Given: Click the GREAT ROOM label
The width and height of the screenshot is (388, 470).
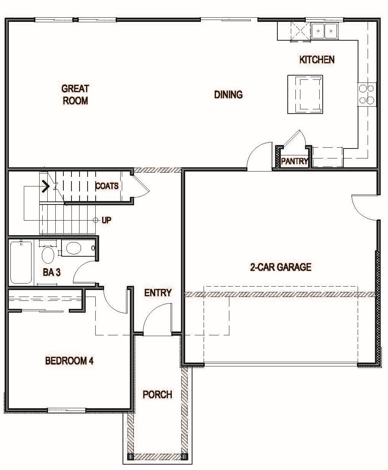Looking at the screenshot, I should click(75, 94).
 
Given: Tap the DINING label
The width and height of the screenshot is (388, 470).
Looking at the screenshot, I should click(228, 94).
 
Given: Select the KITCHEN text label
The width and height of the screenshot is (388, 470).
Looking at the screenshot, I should click(317, 59).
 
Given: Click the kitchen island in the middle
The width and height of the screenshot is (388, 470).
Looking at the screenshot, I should click(305, 94).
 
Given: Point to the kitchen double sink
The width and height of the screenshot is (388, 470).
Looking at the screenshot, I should click(324, 31).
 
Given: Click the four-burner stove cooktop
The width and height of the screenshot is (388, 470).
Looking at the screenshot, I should click(366, 94).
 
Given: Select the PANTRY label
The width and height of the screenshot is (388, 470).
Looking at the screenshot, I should click(295, 161).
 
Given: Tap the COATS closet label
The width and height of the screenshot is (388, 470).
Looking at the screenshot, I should click(107, 186).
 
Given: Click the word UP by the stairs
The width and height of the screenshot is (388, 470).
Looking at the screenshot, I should click(106, 221).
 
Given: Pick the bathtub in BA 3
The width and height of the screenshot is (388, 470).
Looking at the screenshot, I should click(21, 262).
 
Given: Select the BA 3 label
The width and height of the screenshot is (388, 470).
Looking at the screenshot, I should click(51, 272).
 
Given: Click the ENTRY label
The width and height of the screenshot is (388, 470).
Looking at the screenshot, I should click(158, 293).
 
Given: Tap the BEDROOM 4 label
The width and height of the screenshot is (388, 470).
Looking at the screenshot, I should click(69, 361).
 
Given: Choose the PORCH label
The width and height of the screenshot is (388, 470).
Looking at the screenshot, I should click(158, 394).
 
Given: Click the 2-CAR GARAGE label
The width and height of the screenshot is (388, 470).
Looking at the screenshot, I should click(280, 267).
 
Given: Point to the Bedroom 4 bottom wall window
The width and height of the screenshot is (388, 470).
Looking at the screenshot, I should click(66, 410).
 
